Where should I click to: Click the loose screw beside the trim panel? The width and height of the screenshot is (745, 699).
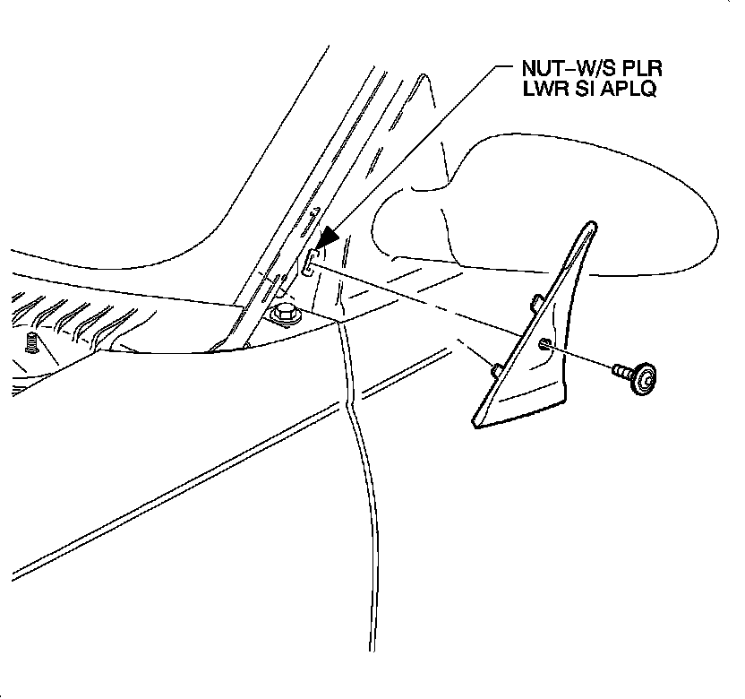pyautogui.click(x=632, y=376)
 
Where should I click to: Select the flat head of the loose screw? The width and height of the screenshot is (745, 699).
pyautogui.click(x=644, y=381)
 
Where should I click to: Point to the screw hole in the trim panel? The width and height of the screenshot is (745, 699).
pyautogui.click(x=545, y=344)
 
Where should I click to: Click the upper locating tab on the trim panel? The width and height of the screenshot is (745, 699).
pyautogui.click(x=534, y=300)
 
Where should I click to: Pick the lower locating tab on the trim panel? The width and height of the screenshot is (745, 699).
pyautogui.click(x=495, y=367)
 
